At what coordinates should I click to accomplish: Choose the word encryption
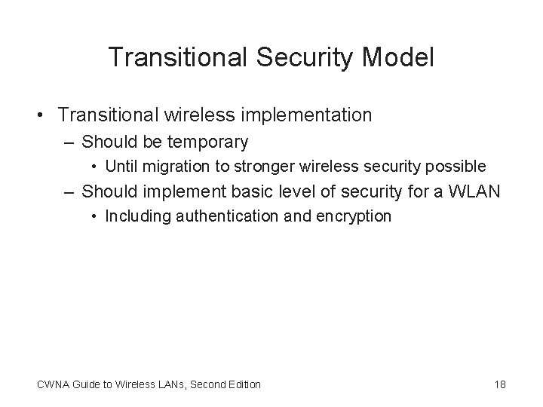coord(356,216)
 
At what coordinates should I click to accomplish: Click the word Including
coord(137,216)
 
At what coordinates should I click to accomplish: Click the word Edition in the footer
coord(242,384)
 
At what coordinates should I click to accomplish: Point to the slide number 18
coord(500,384)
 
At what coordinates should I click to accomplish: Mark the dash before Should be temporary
coord(69,142)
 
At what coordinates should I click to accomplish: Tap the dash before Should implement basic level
coord(69,192)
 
